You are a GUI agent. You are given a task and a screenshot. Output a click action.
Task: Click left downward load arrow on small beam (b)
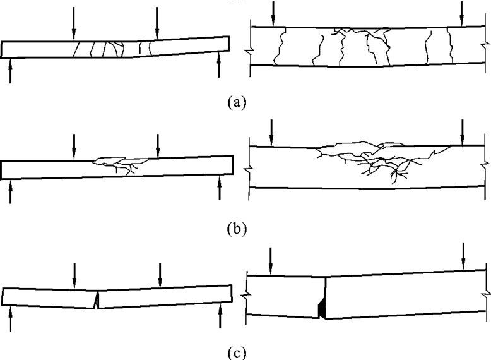[74, 147]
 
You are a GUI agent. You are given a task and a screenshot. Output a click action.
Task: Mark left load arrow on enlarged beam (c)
[271, 259]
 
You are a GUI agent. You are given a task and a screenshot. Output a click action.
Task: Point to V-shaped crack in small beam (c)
[96, 299]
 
